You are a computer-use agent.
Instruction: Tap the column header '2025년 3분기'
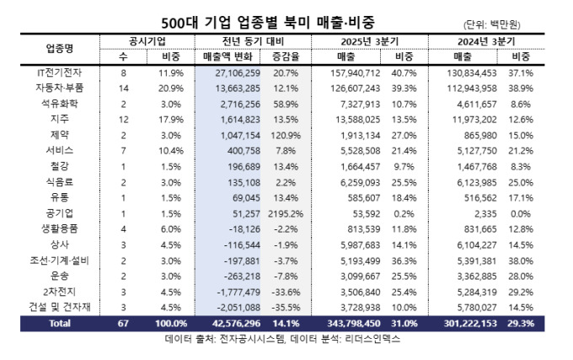click(x=371, y=40)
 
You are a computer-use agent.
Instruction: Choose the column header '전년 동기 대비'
click(x=245, y=40)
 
